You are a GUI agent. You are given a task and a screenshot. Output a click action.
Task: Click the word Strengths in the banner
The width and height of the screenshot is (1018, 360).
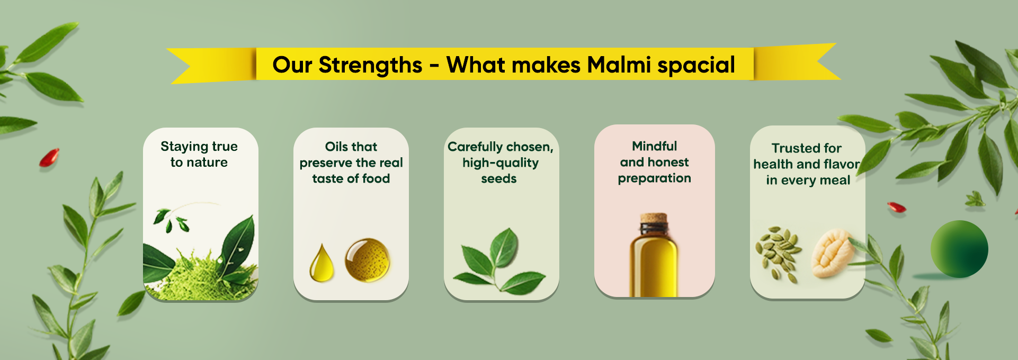370,66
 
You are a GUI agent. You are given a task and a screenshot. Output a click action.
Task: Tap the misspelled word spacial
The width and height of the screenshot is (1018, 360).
696,66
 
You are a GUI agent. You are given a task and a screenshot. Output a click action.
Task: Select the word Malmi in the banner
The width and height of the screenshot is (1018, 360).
619,65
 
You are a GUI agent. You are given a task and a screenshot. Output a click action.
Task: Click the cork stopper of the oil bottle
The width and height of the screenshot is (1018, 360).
654,219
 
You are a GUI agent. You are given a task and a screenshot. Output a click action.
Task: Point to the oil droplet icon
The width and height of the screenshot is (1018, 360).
322,263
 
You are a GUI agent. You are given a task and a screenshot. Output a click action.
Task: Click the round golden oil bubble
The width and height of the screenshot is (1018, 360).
368,260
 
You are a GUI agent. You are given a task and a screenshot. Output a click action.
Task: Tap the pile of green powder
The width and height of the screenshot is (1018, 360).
198,275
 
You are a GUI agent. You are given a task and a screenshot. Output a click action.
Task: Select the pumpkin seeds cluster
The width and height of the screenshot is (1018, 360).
778,254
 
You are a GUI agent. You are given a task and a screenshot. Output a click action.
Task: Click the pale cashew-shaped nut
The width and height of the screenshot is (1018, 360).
833,253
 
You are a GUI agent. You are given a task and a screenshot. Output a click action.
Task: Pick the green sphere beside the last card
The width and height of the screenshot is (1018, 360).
959,249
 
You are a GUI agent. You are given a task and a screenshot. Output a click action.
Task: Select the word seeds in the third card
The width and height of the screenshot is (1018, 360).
499,179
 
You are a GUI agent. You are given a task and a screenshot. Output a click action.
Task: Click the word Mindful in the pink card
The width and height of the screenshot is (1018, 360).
655,146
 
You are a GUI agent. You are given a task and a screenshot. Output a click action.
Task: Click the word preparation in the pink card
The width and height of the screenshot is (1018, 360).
655,179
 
